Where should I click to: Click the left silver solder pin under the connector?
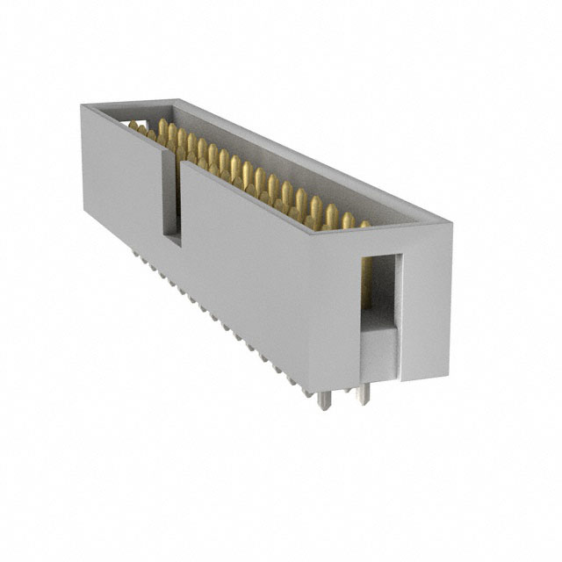324,400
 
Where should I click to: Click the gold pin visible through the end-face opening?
366,285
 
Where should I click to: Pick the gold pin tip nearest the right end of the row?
364,224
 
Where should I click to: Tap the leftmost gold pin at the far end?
133,126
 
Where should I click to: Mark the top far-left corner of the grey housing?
82,105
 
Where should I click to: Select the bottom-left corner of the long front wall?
85,211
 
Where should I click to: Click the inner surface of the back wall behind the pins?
290,162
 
